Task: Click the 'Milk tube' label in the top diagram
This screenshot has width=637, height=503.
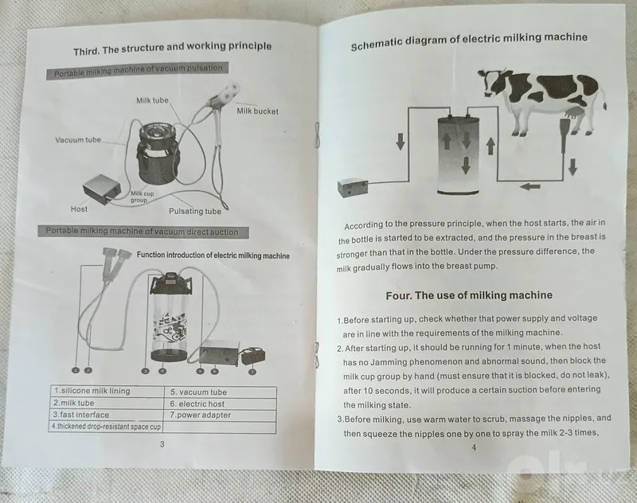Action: [152, 100]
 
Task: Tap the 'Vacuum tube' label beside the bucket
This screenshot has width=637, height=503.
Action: [78, 140]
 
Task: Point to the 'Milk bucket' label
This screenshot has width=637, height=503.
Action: [257, 111]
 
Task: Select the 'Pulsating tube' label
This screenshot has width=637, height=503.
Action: [195, 211]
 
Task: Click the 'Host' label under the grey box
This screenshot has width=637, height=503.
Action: [79, 209]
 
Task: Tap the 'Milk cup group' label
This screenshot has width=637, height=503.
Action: [142, 197]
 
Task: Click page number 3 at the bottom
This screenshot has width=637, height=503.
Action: [162, 444]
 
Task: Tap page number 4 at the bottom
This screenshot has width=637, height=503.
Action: [474, 447]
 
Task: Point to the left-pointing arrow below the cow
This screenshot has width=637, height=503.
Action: [530, 186]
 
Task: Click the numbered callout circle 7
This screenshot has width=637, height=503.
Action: [252, 372]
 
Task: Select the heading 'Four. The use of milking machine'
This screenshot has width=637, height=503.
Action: [469, 295]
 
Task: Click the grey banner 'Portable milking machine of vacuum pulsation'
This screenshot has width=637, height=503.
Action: [137, 70]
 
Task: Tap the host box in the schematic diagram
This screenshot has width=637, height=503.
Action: [353, 187]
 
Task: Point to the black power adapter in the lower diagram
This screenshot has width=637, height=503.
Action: [253, 356]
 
